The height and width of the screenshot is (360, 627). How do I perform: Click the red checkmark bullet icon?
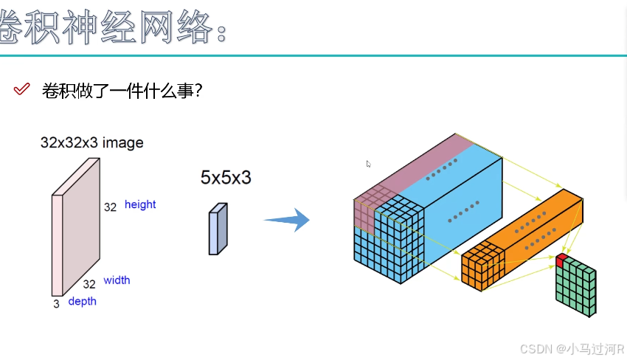pyautogui.click(x=21, y=89)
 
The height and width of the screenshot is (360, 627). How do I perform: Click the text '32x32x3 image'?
pyautogui.click(x=91, y=142)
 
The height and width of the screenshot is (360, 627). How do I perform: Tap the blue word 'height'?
pyautogui.click(x=140, y=204)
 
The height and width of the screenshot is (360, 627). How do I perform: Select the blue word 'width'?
pyautogui.click(x=117, y=280)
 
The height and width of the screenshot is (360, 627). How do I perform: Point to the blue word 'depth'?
pyautogui.click(x=82, y=301)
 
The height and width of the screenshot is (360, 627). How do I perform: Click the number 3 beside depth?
pyautogui.click(x=56, y=303)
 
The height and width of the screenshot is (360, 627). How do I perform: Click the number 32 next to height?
pyautogui.click(x=110, y=207)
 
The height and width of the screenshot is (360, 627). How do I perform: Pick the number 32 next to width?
pyautogui.click(x=89, y=284)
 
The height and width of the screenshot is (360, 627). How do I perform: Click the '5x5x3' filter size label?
pyautogui.click(x=226, y=177)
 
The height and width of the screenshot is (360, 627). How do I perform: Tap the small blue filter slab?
pyautogui.click(x=218, y=229)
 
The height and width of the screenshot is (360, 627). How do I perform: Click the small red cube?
pyautogui.click(x=562, y=260)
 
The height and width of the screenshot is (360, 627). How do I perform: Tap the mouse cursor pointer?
pyautogui.click(x=369, y=164)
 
